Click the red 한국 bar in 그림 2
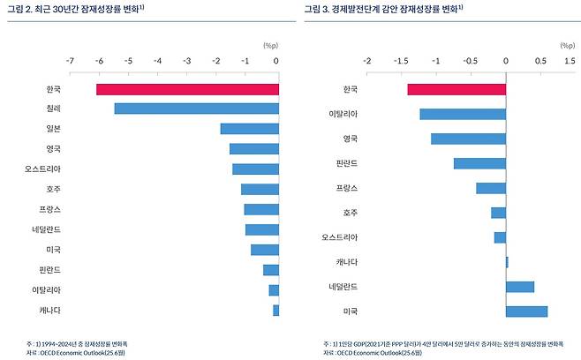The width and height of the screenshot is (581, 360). pos(187,89)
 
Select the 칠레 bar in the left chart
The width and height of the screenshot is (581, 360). pos(196,109)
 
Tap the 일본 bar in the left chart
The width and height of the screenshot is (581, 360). pos(249,129)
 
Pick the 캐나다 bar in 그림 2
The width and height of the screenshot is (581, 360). pos(275,310)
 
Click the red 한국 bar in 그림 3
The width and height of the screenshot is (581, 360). pos(456,89)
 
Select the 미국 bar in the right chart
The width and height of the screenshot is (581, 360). pos(526,311)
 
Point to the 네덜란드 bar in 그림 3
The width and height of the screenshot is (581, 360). pos(520,286)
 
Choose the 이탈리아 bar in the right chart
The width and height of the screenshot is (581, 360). pos(463,114)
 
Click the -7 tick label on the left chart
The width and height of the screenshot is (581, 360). pos(70,61)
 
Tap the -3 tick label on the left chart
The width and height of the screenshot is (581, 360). pos(187,61)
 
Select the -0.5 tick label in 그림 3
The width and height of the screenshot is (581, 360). pos(470,61)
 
